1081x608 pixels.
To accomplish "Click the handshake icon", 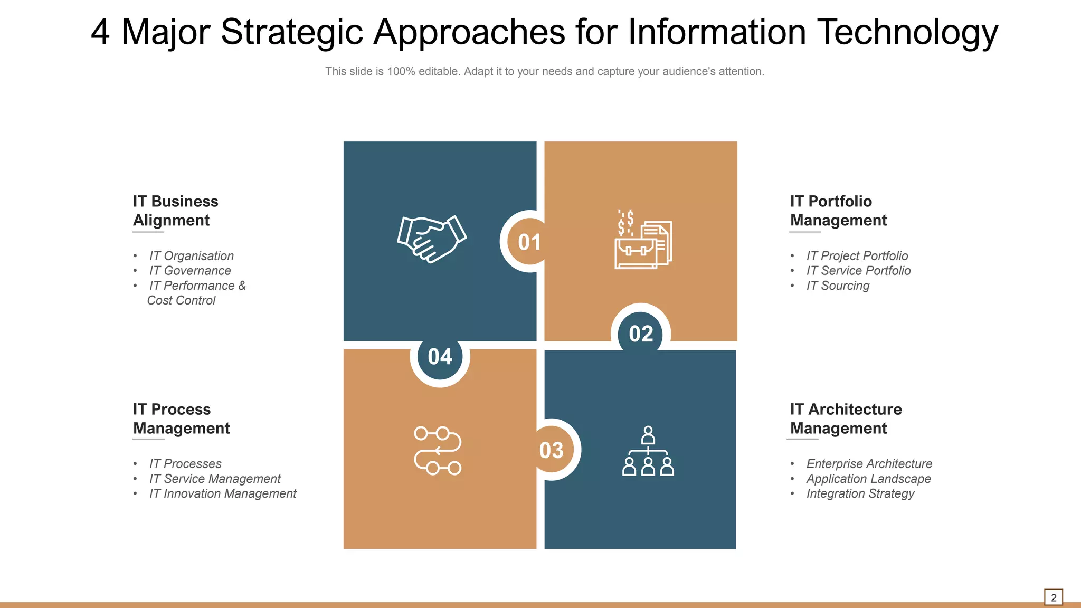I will coord(432,239).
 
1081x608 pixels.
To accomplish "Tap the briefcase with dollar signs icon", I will coord(643,240).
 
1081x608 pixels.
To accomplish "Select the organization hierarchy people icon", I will coord(648,451).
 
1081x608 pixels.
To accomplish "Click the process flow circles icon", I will coord(438,450).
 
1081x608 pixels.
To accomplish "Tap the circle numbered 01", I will coord(528,242).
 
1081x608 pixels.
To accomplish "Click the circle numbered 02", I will coord(641,334).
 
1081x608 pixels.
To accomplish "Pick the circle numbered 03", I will coord(552,450).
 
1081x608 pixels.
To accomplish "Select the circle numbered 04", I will coord(440,357).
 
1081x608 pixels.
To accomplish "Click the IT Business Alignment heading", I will coord(175,211).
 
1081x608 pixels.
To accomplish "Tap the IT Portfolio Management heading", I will coord(838,211).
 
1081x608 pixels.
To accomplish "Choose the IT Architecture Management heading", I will coord(846,419).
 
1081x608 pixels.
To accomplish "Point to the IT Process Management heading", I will coord(181,419).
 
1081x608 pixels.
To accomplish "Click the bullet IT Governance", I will coord(190,271).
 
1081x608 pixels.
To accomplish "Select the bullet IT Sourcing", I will coord(838,286).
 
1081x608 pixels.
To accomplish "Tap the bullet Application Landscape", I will coord(868,479).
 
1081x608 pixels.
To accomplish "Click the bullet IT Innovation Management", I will coord(223,493).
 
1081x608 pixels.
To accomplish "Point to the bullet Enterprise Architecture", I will coord(869,464).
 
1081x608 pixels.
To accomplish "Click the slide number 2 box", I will coord(1053,597).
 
